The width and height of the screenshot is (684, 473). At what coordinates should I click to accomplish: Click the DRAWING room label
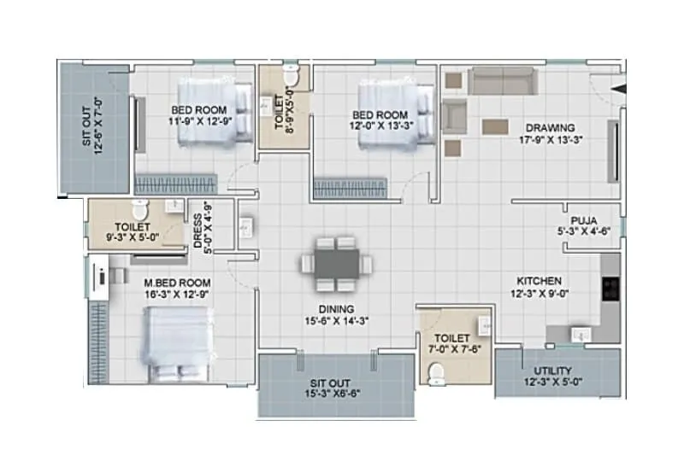tap(550, 128)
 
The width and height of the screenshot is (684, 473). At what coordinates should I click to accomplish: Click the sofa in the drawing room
tap(502, 82)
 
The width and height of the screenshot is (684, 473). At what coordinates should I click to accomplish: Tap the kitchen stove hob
tap(611, 288)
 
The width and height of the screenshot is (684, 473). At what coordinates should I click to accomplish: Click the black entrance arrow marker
tap(621, 86)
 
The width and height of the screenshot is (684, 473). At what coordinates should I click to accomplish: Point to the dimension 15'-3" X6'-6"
tap(336, 394)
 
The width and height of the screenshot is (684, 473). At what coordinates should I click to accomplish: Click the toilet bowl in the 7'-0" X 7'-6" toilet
tap(437, 372)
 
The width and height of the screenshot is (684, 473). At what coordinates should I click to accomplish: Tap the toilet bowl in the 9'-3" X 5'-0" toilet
tap(143, 208)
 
